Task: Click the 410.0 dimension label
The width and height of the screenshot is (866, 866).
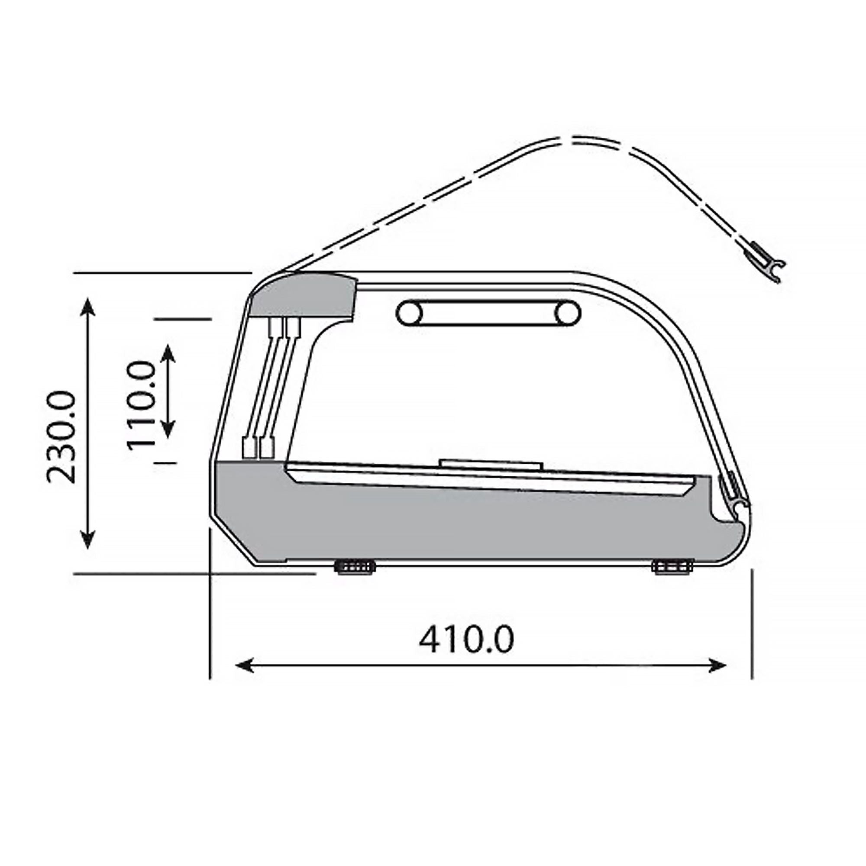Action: (466, 640)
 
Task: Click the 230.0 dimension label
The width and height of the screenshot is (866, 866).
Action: (61, 436)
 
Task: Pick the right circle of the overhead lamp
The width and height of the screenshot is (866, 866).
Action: (568, 313)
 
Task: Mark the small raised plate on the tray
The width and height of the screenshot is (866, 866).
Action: (491, 464)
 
